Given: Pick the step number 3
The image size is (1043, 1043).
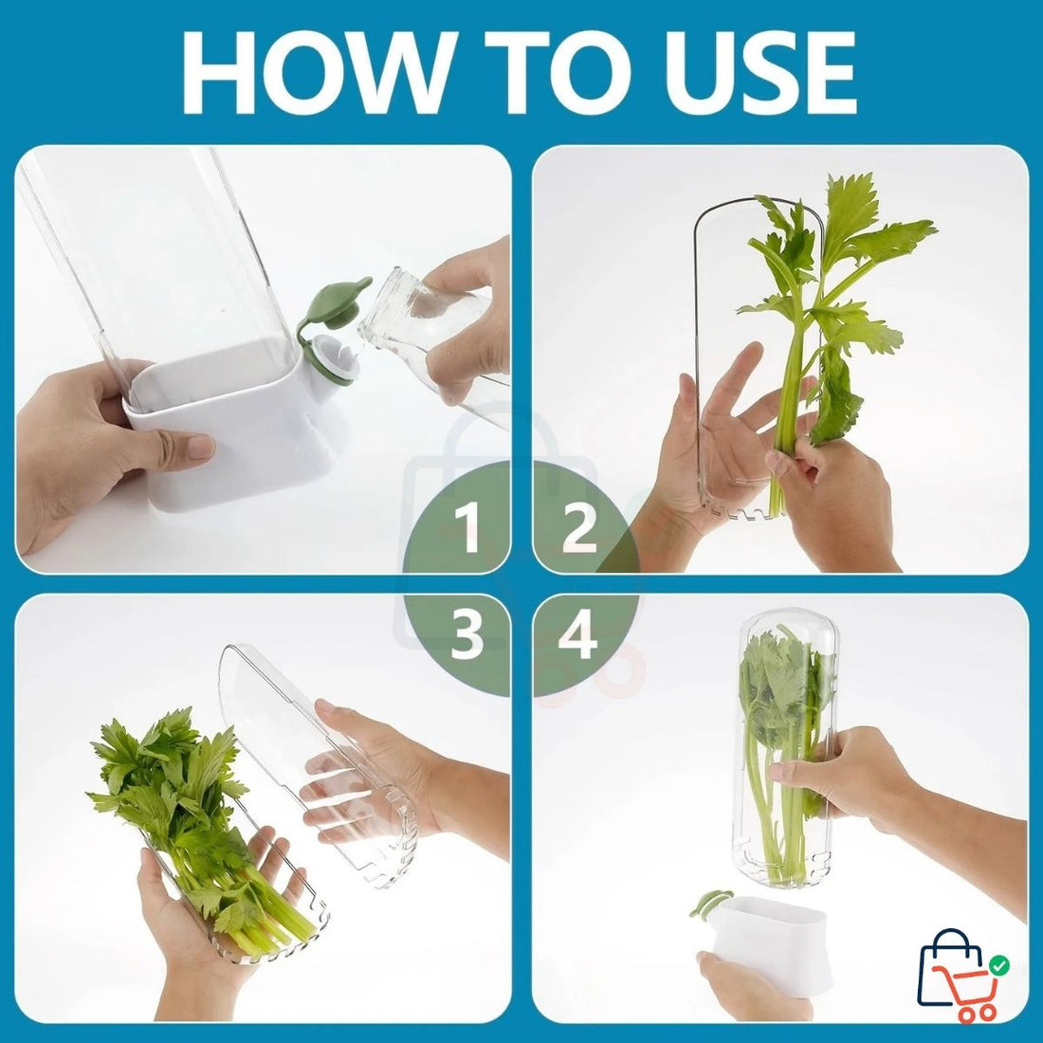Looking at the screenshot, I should click(468, 636).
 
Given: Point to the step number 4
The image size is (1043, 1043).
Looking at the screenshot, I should click(577, 636).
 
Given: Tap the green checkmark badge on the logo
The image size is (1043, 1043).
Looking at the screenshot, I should click(998, 965).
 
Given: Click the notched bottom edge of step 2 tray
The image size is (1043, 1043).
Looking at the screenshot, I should click(749, 513).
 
